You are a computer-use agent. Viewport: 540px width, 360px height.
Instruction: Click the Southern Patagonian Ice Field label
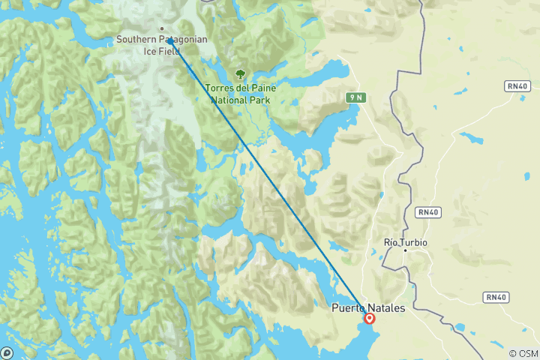coord(162,45)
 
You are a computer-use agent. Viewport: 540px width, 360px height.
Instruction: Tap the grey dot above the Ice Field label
coord(161,29)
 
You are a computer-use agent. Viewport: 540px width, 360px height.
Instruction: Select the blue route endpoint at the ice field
coord(170,40)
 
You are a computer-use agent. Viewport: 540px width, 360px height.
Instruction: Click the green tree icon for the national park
coord(240,74)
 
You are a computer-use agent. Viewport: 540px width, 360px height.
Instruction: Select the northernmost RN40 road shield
coord(517,87)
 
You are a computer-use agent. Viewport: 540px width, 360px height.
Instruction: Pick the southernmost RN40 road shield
coord(495,297)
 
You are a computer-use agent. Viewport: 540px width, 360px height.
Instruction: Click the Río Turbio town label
coord(404,241)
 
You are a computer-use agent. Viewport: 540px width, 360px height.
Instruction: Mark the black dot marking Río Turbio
coord(405,250)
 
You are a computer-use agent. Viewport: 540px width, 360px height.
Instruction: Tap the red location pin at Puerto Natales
coord(370,318)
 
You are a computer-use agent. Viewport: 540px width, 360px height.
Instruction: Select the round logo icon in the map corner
coord(7,352)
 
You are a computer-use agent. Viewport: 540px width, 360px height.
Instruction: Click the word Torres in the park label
coord(220,88)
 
